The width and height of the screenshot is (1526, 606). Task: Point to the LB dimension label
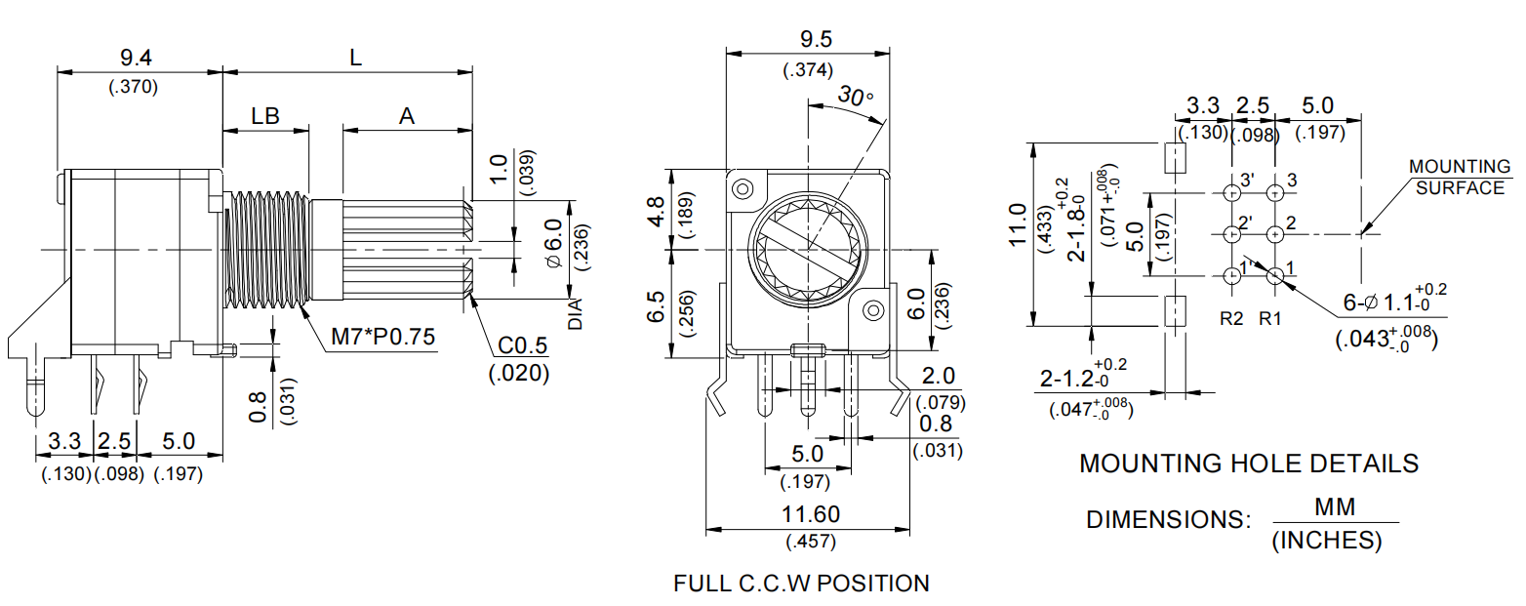tap(265, 116)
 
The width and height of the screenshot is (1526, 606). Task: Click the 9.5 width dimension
tap(809, 40)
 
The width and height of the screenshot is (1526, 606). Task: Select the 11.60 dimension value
tap(811, 514)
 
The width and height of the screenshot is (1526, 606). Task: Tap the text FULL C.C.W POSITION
tap(801, 584)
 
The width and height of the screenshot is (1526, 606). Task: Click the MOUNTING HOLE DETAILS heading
tap(1248, 463)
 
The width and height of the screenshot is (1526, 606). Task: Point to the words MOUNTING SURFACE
tap(1460, 178)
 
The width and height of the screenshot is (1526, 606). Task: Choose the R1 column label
tap(1270, 317)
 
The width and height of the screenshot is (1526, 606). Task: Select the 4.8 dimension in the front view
tap(656, 211)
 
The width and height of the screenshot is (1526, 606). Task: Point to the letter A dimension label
tap(407, 116)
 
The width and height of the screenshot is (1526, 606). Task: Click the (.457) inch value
tap(811, 542)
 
